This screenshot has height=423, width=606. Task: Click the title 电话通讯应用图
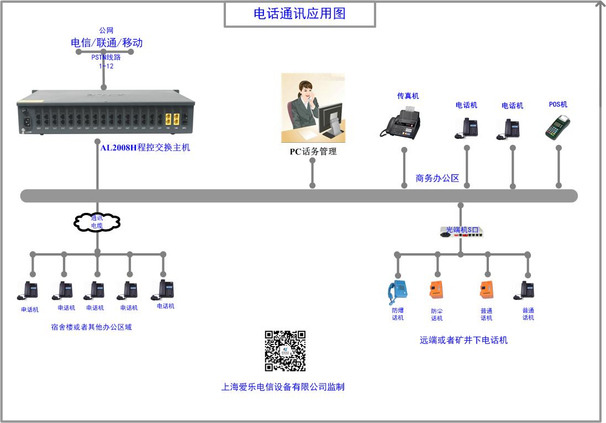299,14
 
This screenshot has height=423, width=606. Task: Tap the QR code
285,351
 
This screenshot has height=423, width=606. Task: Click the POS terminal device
557,128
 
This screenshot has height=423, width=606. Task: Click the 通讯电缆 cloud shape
97,222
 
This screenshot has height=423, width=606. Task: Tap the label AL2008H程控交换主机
145,148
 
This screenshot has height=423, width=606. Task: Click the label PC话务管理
313,152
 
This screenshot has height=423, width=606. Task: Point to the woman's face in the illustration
305,91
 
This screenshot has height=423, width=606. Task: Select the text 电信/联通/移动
107,43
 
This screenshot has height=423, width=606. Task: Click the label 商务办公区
438,178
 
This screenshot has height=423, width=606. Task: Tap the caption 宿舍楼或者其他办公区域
91,327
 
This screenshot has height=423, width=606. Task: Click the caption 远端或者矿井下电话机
463,341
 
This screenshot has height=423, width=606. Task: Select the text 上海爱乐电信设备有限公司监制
283,387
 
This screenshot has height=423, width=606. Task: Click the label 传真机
408,96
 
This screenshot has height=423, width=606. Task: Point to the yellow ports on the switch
172,119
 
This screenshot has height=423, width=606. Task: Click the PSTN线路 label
106,57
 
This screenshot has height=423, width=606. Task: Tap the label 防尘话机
436,315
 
